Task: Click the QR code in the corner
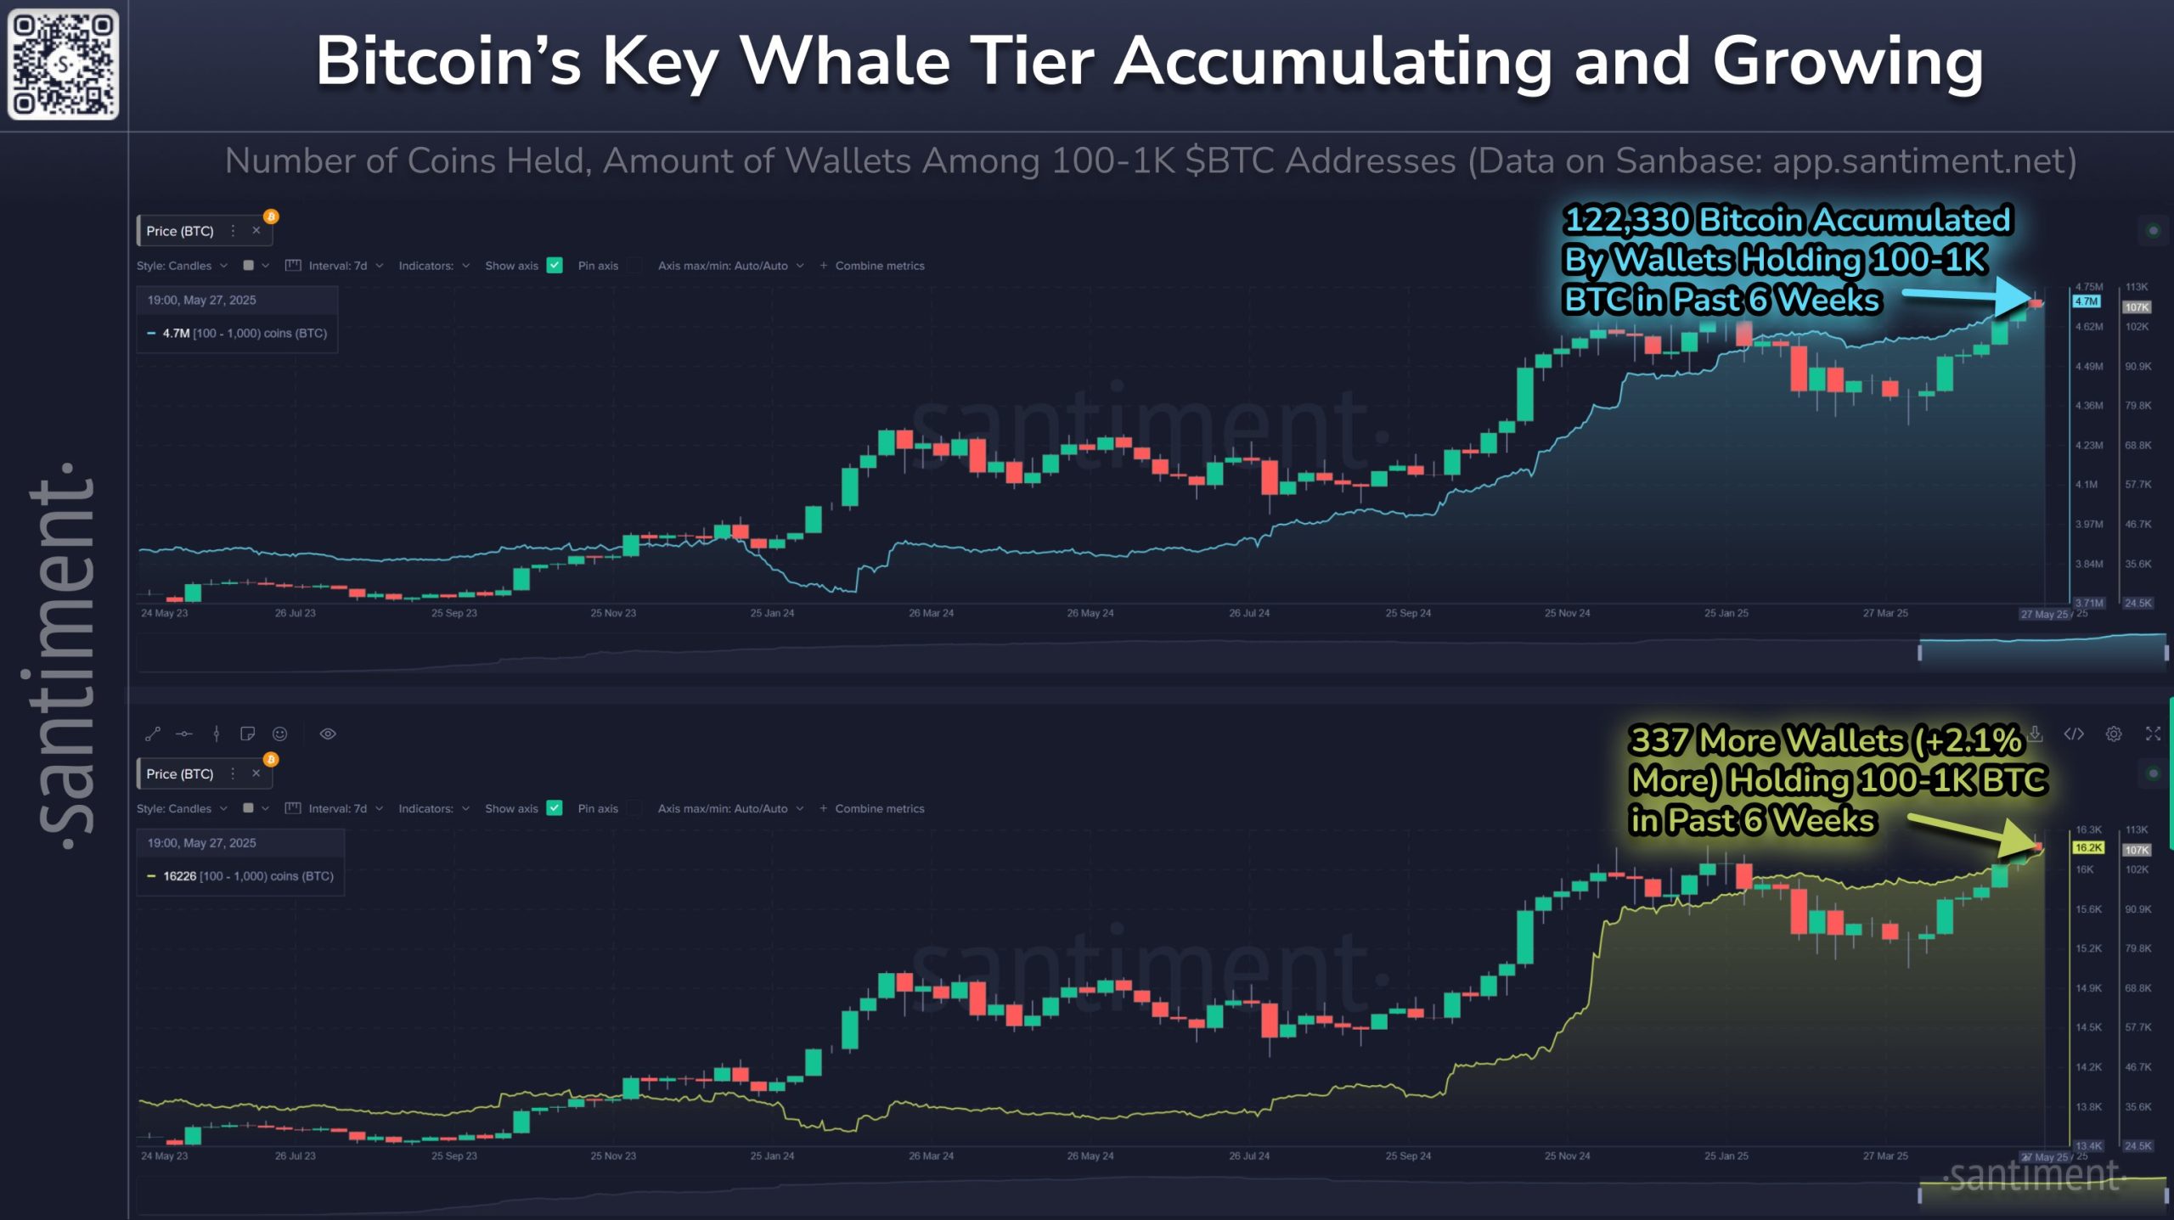pos(63,64)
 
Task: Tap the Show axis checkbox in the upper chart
pos(555,266)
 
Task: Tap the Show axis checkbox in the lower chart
pos(555,808)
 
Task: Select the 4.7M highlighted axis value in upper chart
pos(2087,301)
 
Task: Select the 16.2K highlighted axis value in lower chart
pos(2088,847)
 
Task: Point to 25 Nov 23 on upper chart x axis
pos(613,613)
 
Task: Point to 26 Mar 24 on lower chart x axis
pos(931,1155)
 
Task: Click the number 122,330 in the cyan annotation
pos(1626,220)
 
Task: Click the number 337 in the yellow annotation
pos(1659,740)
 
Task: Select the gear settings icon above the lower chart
pos(2114,734)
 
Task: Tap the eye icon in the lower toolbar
pos(328,734)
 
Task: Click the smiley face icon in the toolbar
pos(279,734)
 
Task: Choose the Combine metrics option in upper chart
pos(879,266)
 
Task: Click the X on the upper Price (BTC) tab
pos(256,230)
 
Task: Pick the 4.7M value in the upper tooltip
pos(176,334)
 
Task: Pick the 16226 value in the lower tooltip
pos(180,876)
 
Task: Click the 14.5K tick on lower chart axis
pos(2088,1027)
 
